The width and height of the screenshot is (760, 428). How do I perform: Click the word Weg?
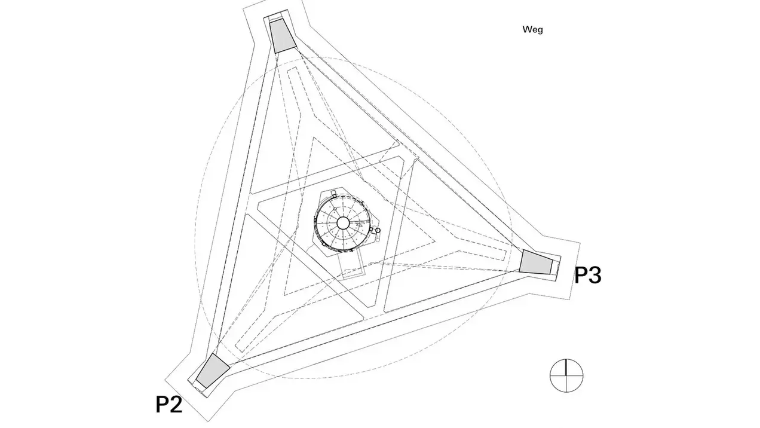[x=532, y=30]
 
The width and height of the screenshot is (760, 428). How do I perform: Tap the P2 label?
[x=169, y=404]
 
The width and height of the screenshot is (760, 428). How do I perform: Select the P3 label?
[x=588, y=275]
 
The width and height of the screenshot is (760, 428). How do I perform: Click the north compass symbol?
[x=566, y=375]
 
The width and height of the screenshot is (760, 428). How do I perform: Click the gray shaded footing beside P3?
[x=536, y=262]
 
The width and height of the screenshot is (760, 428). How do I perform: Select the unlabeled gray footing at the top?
[x=283, y=36]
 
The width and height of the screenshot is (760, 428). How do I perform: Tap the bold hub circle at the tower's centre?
[x=343, y=223]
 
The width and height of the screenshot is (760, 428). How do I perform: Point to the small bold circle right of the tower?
[x=378, y=231]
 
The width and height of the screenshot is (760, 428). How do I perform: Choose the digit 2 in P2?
[x=176, y=404]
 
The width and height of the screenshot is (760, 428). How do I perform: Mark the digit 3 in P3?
[x=595, y=275]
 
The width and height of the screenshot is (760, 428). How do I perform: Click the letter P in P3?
[x=581, y=275]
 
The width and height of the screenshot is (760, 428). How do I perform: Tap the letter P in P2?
[x=162, y=404]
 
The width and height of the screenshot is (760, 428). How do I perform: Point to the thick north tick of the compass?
[x=566, y=367]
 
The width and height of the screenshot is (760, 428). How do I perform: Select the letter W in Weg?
[x=528, y=29]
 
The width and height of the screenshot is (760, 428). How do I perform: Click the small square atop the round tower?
[x=333, y=194]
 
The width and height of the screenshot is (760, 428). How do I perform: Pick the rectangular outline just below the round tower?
[x=351, y=266]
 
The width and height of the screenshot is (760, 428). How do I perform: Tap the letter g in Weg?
[x=540, y=31]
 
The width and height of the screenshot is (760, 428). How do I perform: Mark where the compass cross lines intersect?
[x=566, y=375]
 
